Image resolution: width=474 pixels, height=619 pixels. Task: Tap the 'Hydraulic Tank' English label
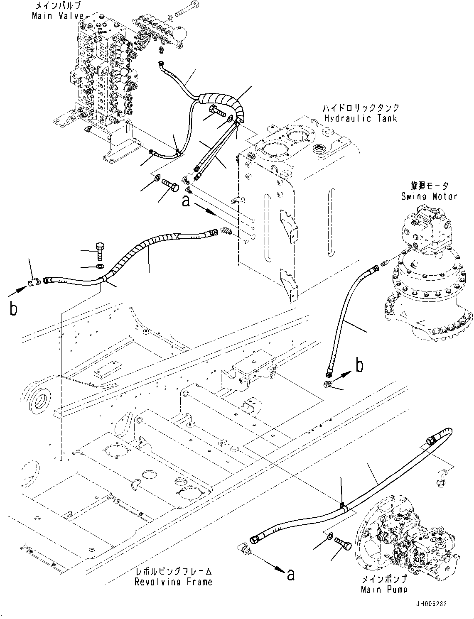(x=361, y=118)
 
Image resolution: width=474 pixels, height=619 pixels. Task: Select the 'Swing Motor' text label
(x=429, y=196)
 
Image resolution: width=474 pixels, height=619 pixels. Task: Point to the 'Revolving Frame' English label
(x=173, y=582)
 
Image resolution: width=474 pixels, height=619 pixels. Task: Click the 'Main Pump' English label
(x=383, y=589)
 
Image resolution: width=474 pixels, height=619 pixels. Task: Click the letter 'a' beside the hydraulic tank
(x=186, y=201)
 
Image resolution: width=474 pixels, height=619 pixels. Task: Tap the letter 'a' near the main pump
(x=290, y=575)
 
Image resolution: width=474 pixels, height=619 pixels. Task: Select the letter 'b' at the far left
(x=13, y=309)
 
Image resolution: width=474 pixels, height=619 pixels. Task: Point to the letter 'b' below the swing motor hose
(x=360, y=366)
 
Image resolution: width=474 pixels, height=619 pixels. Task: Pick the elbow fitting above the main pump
(x=442, y=475)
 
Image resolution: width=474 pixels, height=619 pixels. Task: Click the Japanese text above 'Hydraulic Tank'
(x=361, y=108)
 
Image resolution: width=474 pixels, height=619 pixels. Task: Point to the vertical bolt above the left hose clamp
(x=101, y=251)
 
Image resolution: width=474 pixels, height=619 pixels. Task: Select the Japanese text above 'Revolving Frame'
(x=173, y=572)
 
